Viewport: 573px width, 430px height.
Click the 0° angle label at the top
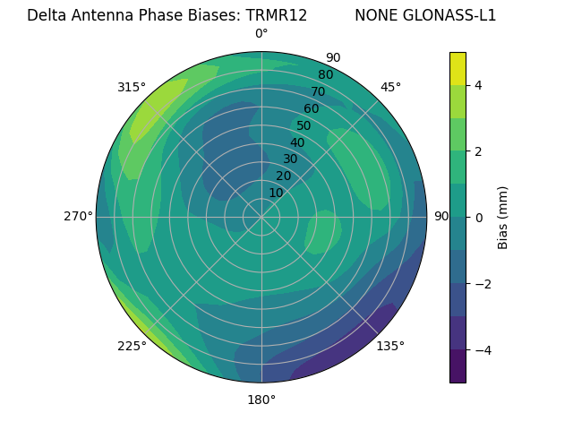[x=261, y=34]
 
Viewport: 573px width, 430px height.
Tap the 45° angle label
[x=390, y=87]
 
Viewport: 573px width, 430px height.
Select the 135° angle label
[x=390, y=346]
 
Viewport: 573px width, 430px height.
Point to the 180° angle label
[x=261, y=400]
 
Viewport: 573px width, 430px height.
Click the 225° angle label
[x=132, y=346]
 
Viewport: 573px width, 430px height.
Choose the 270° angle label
[x=78, y=216]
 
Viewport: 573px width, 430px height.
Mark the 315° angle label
[x=132, y=87]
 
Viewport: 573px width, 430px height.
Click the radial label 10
[x=276, y=193]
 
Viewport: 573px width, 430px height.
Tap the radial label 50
[x=304, y=125]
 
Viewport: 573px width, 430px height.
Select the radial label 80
[x=326, y=74]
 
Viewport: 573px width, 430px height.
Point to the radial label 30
[x=290, y=159]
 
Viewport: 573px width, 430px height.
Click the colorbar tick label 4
[x=479, y=85]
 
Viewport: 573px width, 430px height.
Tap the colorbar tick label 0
[x=479, y=217]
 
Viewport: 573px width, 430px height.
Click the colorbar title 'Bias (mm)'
[x=503, y=217]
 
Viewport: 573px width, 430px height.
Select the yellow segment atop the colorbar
[x=458, y=68]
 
